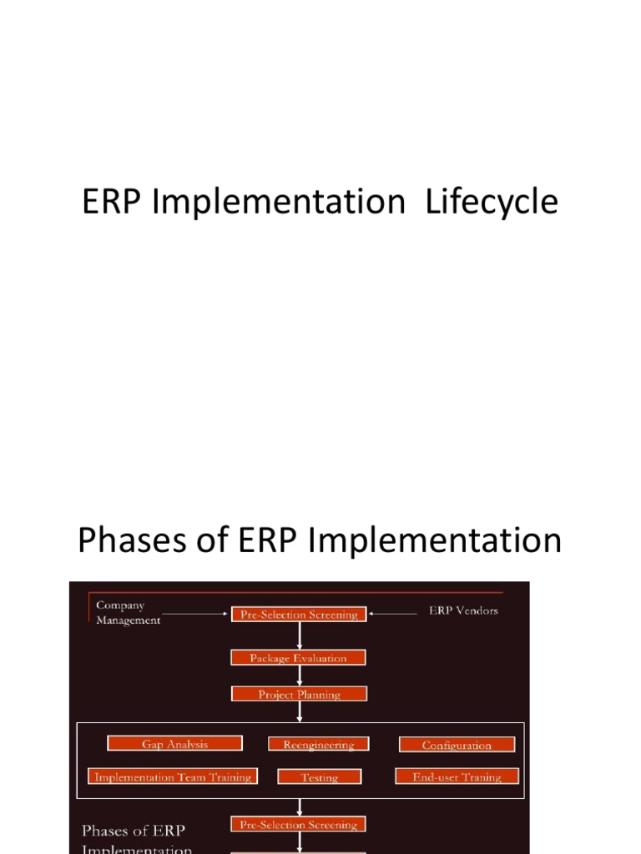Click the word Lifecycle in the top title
pyautogui.click(x=492, y=203)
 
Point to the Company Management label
pyautogui.click(x=128, y=612)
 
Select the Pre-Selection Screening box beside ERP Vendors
pyautogui.click(x=298, y=615)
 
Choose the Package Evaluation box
pyautogui.click(x=298, y=658)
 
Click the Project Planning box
pyautogui.click(x=298, y=694)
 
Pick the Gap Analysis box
pyautogui.click(x=174, y=744)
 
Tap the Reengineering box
pyautogui.click(x=318, y=745)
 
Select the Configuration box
pyautogui.click(x=457, y=746)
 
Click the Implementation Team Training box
pyautogui.click(x=173, y=777)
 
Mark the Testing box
pyautogui.click(x=319, y=777)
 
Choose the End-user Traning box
pyautogui.click(x=457, y=777)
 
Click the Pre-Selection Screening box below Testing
pyautogui.click(x=298, y=825)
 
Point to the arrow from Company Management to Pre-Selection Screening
pyautogui.click(x=196, y=615)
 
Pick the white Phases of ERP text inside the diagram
pyautogui.click(x=134, y=831)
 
